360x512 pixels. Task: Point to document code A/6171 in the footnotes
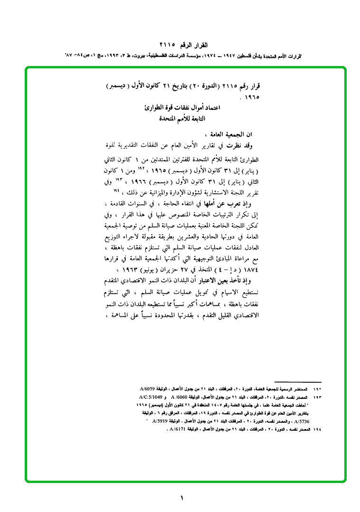coord(179,429)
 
